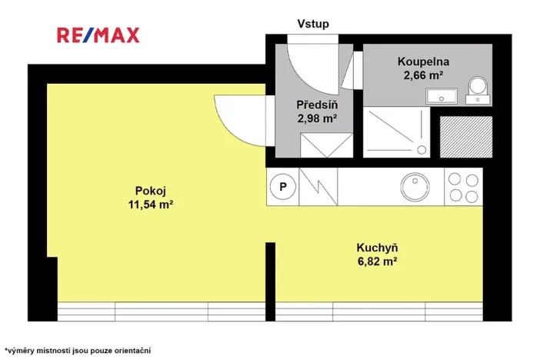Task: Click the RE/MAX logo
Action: [x=98, y=34]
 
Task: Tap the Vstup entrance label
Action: [x=313, y=24]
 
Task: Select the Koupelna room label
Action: [x=423, y=62]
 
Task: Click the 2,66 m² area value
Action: [x=423, y=75]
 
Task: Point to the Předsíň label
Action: [x=317, y=105]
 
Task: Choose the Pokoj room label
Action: [x=150, y=191]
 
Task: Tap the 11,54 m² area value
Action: [x=150, y=205]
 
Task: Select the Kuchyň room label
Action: [x=376, y=248]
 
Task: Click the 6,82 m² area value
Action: [x=376, y=262]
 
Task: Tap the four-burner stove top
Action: [x=463, y=186]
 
